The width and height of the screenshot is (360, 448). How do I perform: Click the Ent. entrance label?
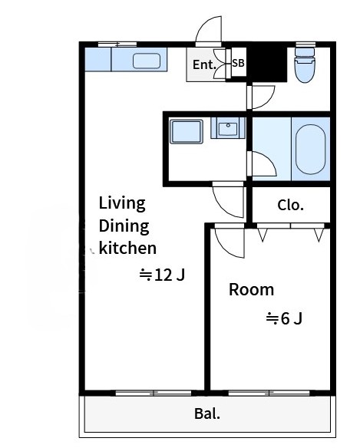[204, 65]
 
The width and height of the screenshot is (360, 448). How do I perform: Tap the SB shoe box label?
[238, 63]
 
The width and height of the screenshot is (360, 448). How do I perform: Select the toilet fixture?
[305, 65]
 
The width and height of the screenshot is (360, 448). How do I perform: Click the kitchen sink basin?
[146, 61]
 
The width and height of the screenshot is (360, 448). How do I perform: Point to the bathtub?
[310, 149]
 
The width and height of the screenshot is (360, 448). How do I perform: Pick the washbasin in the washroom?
[228, 127]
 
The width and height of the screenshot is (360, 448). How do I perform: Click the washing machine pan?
[187, 131]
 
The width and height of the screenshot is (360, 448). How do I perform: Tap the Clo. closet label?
[290, 205]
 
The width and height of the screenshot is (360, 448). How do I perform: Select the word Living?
[122, 204]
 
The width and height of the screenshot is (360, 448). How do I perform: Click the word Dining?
[124, 226]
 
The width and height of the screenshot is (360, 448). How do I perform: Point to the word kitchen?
[127, 248]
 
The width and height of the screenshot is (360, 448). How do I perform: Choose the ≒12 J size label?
[162, 275]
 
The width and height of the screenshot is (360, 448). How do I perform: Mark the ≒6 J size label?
[284, 318]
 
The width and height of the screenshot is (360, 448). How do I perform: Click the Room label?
[251, 290]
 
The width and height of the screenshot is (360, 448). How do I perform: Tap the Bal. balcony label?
[207, 413]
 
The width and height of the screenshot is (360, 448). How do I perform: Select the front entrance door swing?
[209, 30]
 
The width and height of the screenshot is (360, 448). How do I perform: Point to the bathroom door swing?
[262, 163]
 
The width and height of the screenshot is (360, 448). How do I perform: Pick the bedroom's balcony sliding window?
[269, 393]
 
